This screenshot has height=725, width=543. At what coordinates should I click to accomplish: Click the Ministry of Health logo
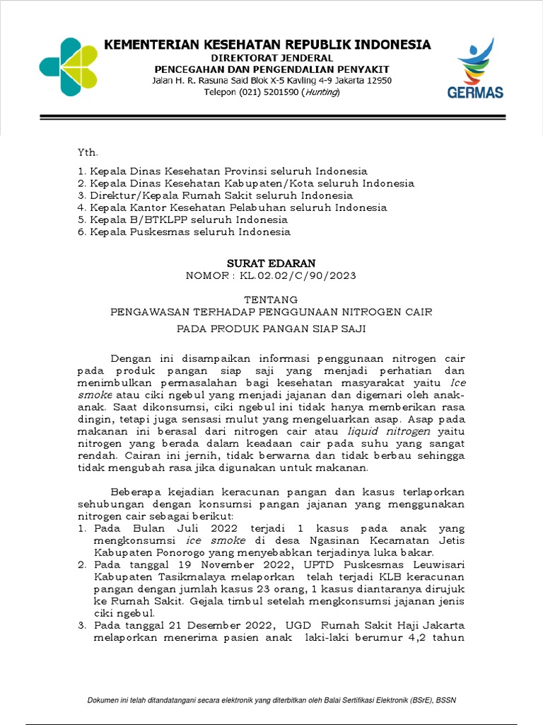pos(69,67)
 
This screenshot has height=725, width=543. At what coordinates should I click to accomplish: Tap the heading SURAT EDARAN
pos(271,263)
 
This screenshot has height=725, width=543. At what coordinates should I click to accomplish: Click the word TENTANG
pos(271,299)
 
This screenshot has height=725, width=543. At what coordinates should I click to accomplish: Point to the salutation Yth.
pos(88,152)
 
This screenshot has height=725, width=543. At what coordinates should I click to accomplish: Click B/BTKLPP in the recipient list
pos(145,219)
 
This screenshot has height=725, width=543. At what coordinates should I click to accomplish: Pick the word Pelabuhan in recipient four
pos(269,207)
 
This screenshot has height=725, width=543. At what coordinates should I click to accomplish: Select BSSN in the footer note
pos(446,701)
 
